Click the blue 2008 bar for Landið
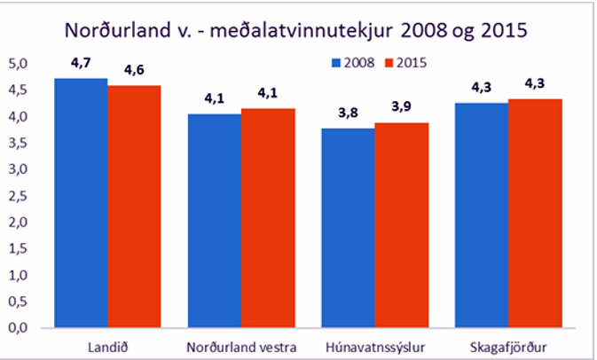pos(81,203)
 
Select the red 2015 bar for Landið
pos(134,207)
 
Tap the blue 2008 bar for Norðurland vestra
pos(215,221)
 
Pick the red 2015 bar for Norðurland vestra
pos(268,218)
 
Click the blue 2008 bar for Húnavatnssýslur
pos(349,228)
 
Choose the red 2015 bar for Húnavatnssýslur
pos(402,225)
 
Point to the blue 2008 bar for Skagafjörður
pos(482,215)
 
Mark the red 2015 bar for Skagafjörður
pos(535,213)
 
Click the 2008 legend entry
pos(353,63)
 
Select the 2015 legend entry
pos(406,63)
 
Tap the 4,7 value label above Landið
pos(81,63)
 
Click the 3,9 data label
pos(401,106)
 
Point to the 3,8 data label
pos(348,113)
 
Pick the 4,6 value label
pos(134,70)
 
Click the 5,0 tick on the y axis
pos(19,64)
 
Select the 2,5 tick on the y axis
pos(19,196)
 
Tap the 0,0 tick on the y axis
pos(19,328)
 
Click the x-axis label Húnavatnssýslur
pos(375,348)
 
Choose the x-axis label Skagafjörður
pos(508,348)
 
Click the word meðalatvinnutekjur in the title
pos(302,30)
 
